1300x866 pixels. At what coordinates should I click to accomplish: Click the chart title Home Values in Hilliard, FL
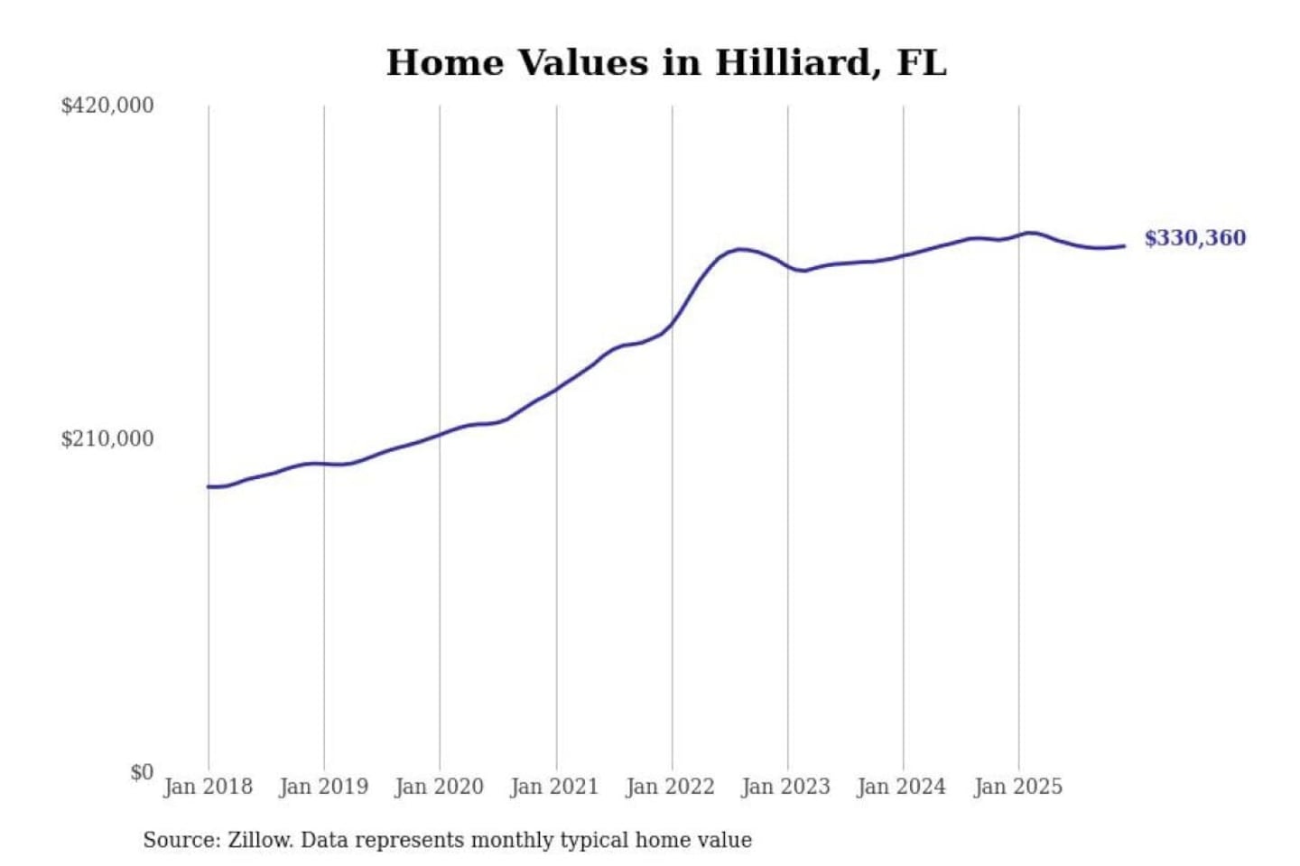pos(666,63)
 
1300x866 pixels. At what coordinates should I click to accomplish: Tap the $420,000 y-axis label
pos(107,106)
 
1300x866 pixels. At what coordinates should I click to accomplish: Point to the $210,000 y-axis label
pos(107,439)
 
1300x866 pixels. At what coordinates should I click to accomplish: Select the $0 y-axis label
pos(142,772)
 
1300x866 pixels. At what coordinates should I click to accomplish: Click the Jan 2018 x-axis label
pos(208,787)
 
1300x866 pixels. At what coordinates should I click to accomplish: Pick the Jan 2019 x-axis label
pos(324,787)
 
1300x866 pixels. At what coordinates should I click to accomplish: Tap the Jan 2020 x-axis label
pos(440,787)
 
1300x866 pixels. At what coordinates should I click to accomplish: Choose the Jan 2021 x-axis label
pos(555,787)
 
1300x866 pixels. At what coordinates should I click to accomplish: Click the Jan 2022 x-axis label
pos(671,787)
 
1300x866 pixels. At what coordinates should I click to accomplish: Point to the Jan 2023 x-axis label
pos(786,787)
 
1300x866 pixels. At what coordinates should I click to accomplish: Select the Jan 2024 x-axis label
pos(902,787)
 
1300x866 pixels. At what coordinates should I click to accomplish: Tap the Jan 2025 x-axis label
pos(1018,787)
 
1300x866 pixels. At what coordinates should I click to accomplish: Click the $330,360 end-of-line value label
pos(1194,238)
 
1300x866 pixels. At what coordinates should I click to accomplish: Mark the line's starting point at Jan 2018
pos(209,487)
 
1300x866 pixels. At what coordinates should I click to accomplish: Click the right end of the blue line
pos(1124,245)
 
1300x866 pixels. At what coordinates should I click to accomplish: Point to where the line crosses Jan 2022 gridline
pos(672,323)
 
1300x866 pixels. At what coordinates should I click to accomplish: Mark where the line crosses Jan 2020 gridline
pos(441,434)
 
